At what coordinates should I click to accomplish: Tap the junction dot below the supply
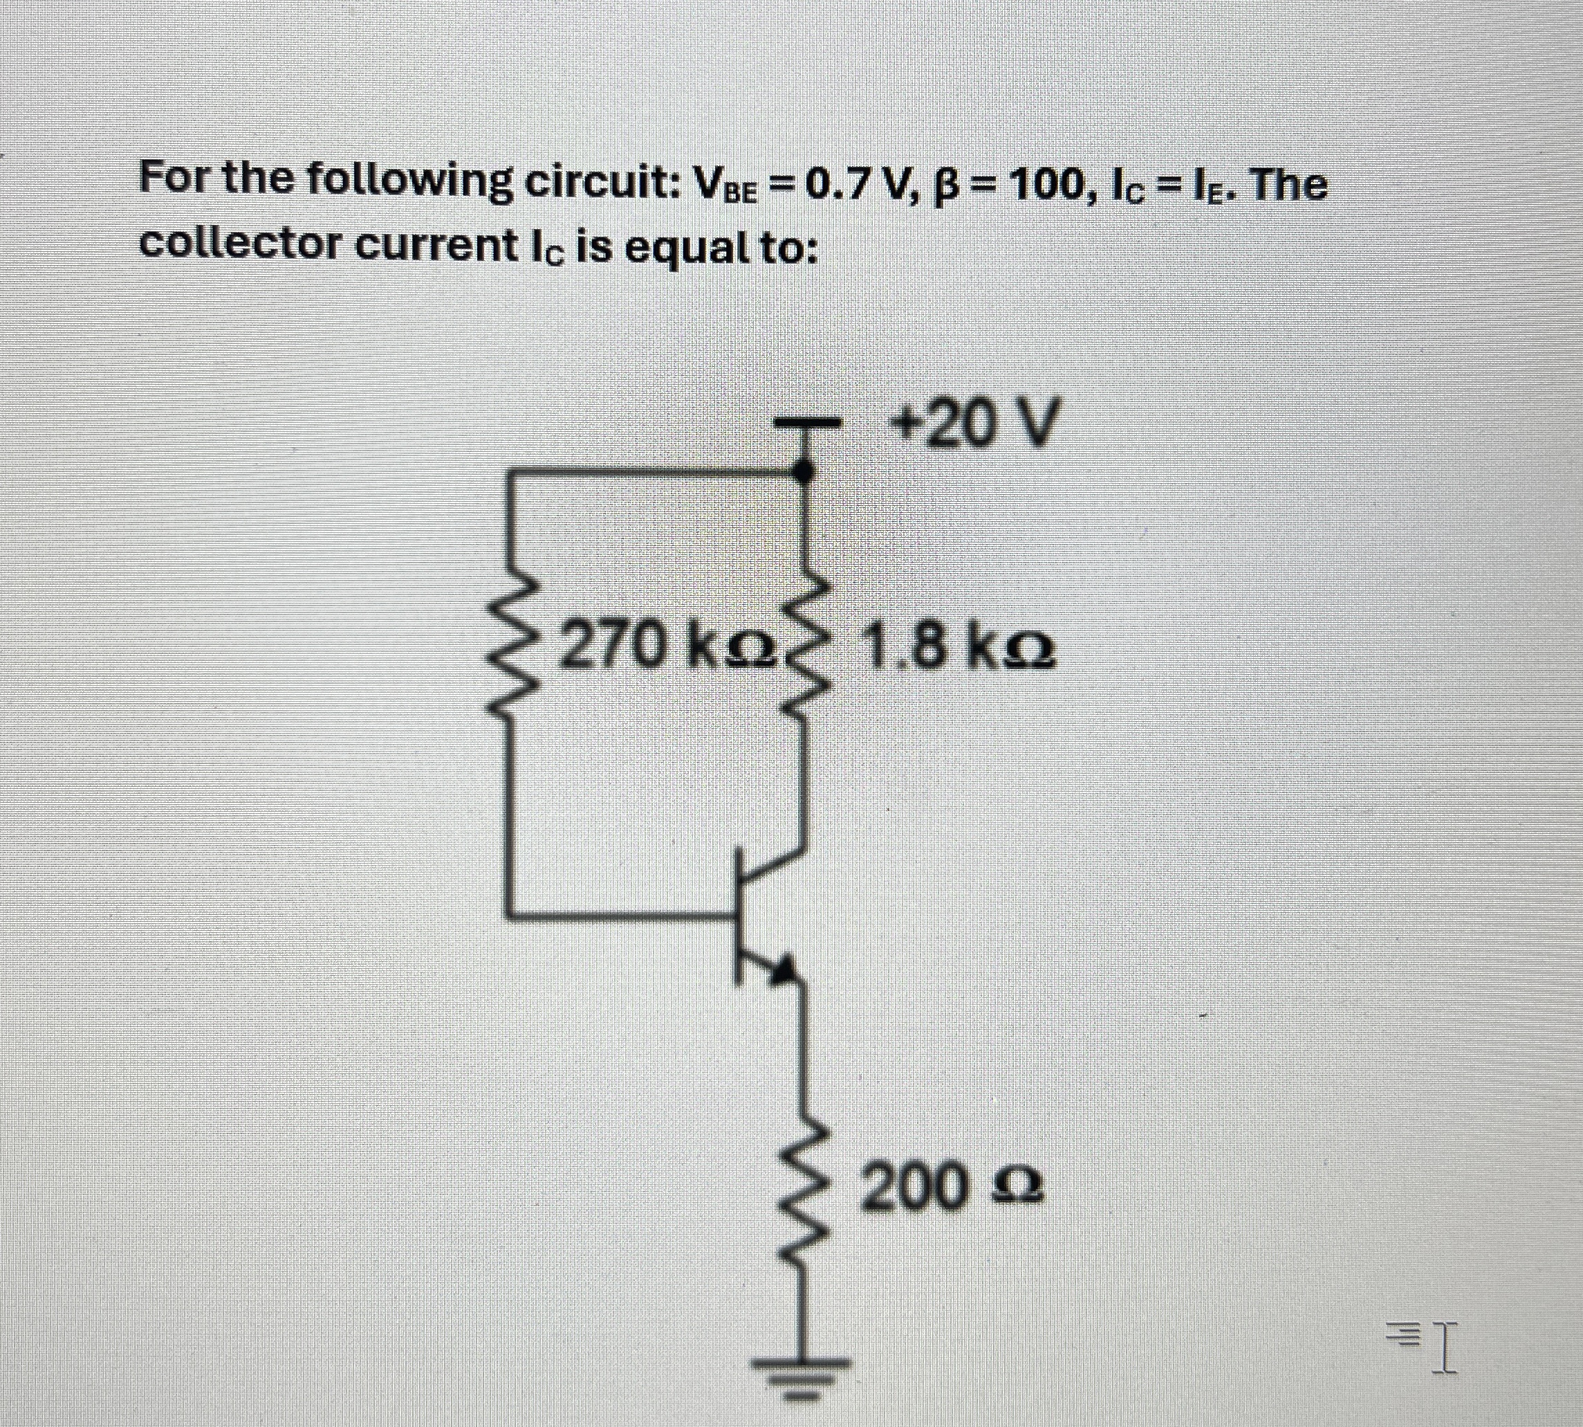pyautogui.click(x=801, y=471)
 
